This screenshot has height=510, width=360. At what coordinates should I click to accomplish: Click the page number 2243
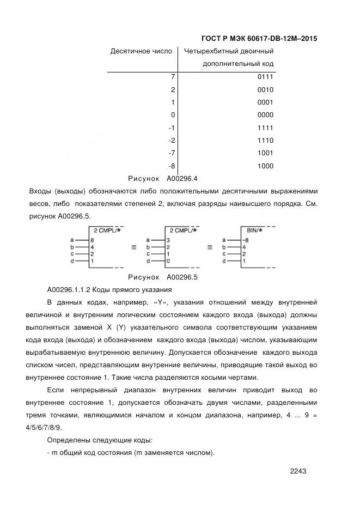click(x=299, y=471)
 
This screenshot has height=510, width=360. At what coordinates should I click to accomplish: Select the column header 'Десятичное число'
click(x=141, y=51)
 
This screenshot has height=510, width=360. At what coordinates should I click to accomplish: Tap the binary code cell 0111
click(x=265, y=77)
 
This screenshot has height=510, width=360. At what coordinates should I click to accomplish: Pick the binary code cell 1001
click(x=265, y=153)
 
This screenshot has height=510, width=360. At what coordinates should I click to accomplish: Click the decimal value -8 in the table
click(x=172, y=166)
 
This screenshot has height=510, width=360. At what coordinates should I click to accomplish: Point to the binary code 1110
click(x=265, y=141)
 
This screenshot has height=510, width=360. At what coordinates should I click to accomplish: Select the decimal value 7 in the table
click(x=173, y=77)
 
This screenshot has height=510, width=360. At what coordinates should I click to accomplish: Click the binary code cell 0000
click(x=265, y=115)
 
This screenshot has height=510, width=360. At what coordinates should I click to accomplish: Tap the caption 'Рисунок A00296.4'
click(x=162, y=178)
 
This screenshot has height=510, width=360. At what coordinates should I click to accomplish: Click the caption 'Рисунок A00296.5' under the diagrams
click(x=162, y=277)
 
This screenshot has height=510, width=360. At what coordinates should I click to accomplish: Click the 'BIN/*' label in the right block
click(x=252, y=231)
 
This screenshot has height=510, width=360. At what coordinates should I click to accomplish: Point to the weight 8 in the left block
click(x=93, y=240)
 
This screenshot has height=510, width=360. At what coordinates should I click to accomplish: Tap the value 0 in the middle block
click(x=168, y=262)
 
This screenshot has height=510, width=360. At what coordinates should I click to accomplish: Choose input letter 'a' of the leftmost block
click(x=72, y=240)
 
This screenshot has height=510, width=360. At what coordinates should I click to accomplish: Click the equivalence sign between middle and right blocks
click(x=209, y=247)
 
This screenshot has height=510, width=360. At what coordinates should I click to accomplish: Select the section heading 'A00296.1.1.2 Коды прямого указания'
click(x=109, y=289)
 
